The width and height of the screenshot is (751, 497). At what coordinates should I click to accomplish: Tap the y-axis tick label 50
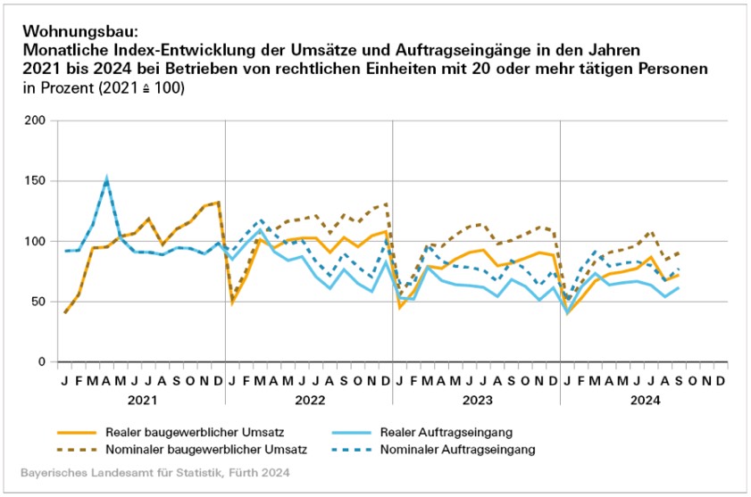click(37, 302)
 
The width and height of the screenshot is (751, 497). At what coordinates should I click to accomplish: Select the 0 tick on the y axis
click(40, 362)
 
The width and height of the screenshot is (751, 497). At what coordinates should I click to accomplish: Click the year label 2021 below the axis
click(141, 401)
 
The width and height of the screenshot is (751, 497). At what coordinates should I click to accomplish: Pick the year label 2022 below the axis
click(309, 401)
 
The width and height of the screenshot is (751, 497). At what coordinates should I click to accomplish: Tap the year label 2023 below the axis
click(476, 401)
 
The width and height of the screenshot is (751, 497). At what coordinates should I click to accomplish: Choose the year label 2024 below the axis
click(643, 401)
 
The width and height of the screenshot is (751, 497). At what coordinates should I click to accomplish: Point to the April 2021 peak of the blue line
click(107, 178)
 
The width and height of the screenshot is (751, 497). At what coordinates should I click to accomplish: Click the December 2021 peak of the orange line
click(219, 203)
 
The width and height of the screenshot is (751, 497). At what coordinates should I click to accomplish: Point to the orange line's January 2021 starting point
click(65, 312)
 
